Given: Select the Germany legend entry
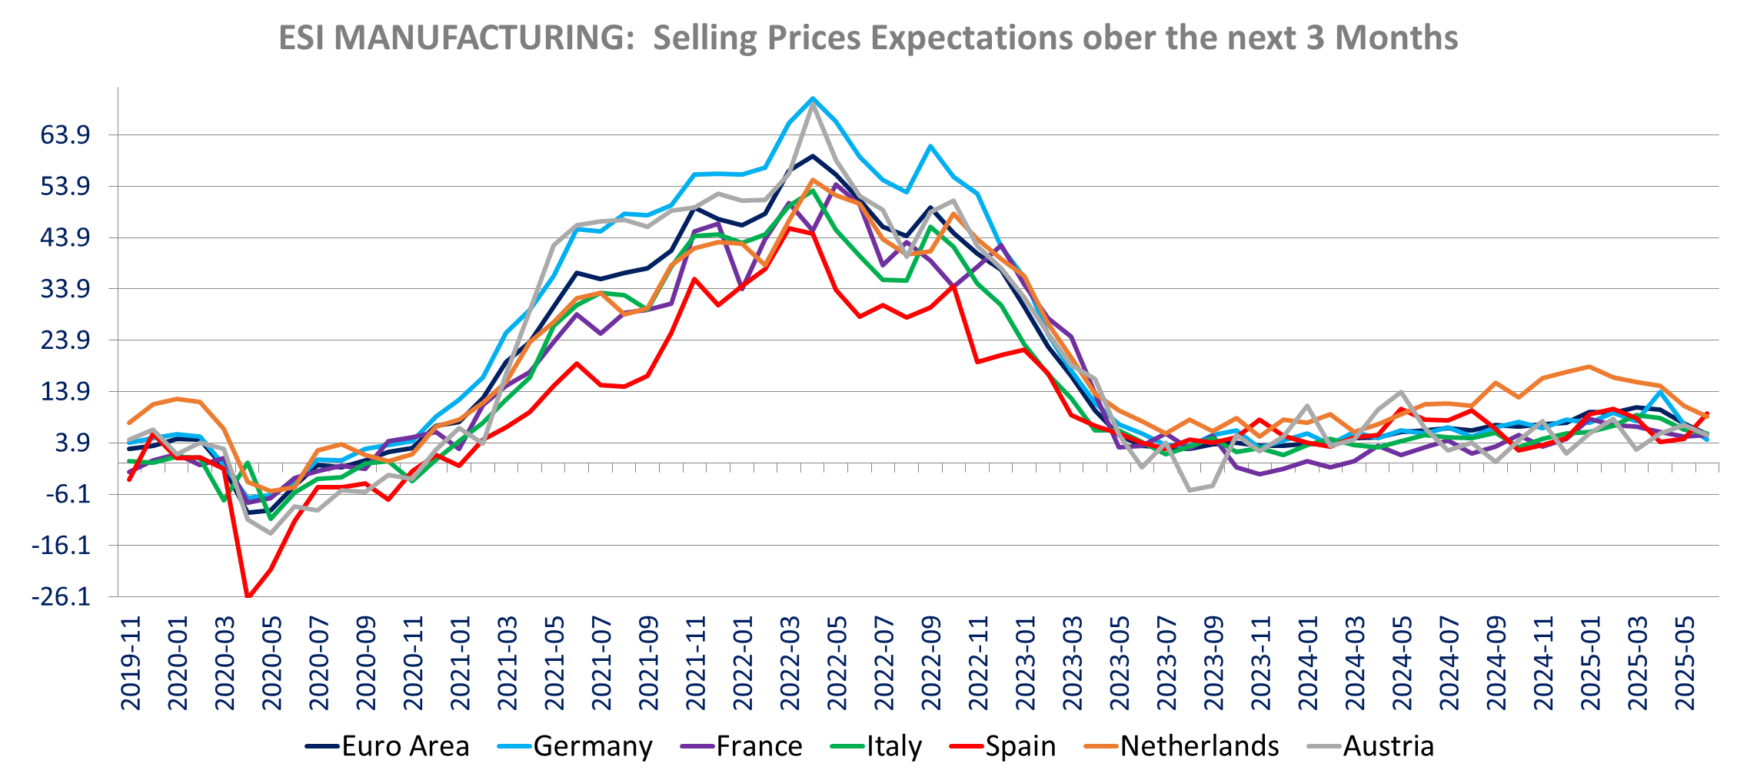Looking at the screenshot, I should coord(592,746).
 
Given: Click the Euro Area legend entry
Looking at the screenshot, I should coord(404,746).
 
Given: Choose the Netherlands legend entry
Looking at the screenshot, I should coord(1200,746).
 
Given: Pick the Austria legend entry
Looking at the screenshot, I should coord(1388,746).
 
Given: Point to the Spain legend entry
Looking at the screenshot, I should coord(1020,746).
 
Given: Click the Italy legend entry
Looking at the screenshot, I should coord(893,746).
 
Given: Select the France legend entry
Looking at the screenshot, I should coord(758,746).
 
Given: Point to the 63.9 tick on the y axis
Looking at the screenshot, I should coord(65,135).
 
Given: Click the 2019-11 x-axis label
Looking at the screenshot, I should coord(131,662).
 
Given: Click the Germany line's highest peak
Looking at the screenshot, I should coord(812,98).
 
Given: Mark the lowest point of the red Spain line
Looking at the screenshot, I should coord(248,597).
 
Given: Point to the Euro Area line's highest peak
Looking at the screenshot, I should coord(812,155).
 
